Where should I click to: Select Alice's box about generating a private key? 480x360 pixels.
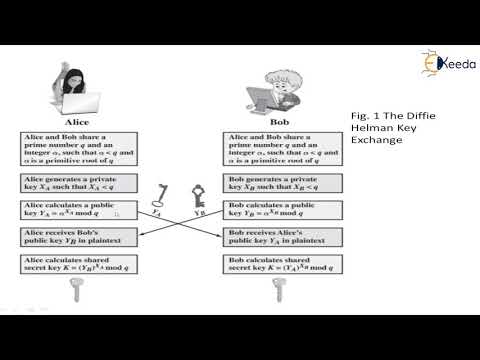click(x=76, y=184)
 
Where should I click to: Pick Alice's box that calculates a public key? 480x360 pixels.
click(x=76, y=210)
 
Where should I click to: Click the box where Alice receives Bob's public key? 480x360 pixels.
click(x=76, y=236)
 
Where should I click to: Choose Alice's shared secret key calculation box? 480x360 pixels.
click(x=76, y=263)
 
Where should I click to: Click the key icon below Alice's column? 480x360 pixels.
click(x=74, y=291)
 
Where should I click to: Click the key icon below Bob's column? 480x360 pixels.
click(x=279, y=291)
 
